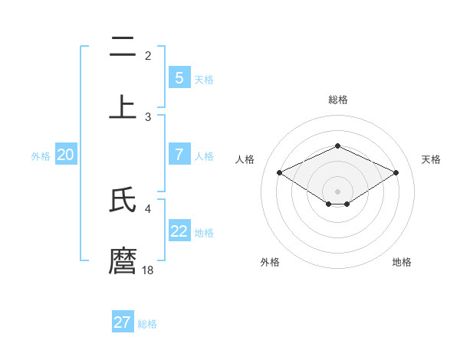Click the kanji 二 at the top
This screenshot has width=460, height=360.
point(123,48)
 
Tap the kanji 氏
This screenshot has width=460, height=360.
point(123,200)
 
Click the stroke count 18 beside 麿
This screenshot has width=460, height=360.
point(148,270)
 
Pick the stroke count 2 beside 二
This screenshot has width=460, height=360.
point(148,56)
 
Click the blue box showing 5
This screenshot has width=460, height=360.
point(179,78)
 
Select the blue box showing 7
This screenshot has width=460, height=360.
point(179,155)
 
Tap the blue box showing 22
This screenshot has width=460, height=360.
point(179,231)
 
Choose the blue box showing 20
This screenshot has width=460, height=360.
point(66,155)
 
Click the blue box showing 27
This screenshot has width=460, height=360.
point(123,322)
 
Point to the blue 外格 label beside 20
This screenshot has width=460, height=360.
point(41,155)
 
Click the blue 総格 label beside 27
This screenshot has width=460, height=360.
point(147,324)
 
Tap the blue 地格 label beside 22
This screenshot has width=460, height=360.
point(204,232)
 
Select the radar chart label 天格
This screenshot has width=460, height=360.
point(431,159)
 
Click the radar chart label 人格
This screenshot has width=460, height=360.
point(245,159)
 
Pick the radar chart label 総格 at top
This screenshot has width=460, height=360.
point(337,100)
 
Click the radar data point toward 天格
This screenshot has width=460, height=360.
point(396,173)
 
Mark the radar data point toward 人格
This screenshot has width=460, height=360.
point(279,173)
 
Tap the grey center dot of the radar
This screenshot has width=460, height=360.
point(337,191)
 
